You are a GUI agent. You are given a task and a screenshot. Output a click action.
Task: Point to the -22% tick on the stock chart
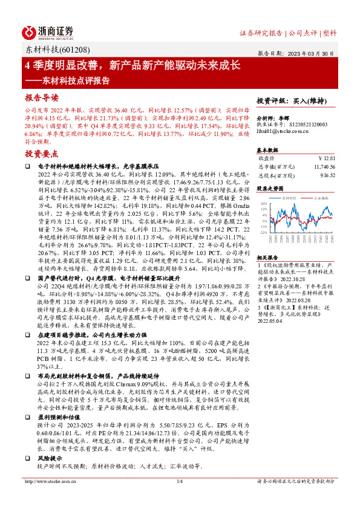pos(263,232)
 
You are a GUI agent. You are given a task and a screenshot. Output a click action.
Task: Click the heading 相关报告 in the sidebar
pos(269,256)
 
